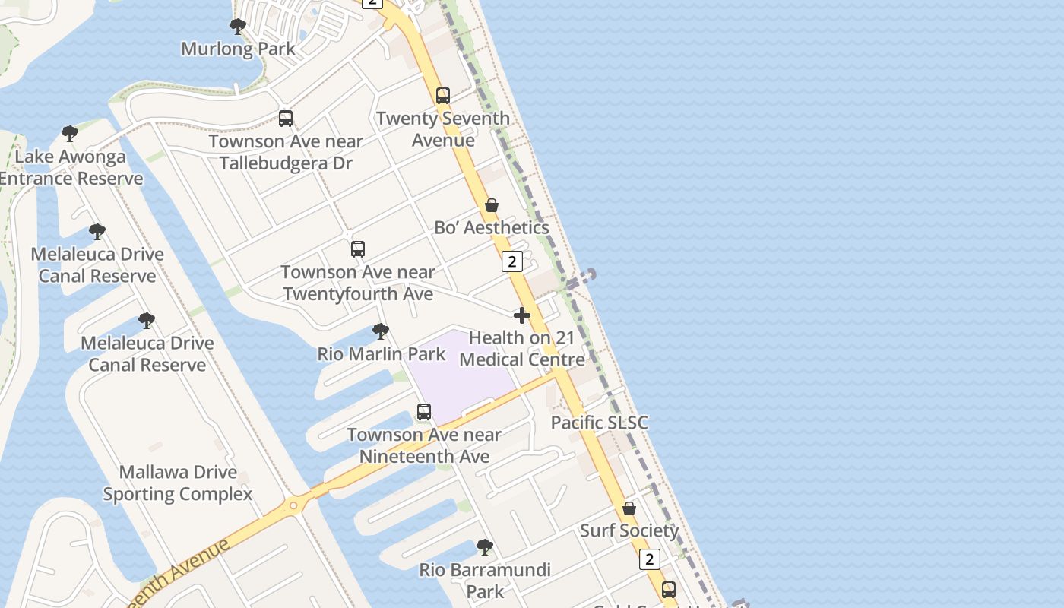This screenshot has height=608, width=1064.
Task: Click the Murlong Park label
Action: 238,49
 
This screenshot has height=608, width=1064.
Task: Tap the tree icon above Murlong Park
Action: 238,27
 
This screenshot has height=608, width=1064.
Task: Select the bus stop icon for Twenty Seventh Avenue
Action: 443,96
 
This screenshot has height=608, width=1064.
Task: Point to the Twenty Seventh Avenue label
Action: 443,129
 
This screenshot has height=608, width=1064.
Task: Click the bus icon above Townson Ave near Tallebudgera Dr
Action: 286,119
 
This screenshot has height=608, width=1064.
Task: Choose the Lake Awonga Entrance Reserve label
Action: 71,168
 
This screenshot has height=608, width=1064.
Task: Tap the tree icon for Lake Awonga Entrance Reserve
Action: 70,135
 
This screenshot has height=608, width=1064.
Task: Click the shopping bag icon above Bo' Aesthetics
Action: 492,206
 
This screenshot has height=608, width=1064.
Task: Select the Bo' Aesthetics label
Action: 492,227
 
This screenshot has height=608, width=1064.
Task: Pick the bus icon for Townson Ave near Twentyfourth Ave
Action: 358,249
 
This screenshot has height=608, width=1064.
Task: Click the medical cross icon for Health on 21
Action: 522,315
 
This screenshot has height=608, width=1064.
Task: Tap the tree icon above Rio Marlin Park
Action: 381,331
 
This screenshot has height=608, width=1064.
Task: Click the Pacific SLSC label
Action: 600,423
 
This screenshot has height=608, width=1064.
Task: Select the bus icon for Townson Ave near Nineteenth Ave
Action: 424,412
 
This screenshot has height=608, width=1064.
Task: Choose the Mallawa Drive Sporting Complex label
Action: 178,483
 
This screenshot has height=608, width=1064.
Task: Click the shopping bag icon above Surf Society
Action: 629,508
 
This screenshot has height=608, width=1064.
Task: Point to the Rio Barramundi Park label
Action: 485,580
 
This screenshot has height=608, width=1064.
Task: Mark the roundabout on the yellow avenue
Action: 293,505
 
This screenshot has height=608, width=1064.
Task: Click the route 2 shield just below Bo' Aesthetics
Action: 512,262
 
